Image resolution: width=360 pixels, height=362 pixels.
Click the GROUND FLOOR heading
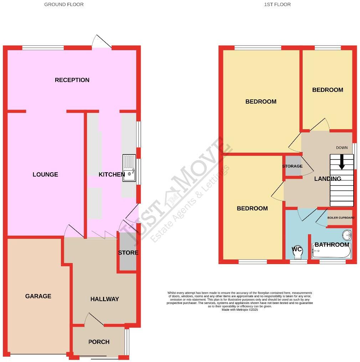pos(64,5)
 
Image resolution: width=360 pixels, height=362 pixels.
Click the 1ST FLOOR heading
pos(277,5)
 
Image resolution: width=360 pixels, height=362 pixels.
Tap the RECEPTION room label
pos(72,80)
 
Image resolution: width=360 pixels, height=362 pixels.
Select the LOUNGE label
pos(45,174)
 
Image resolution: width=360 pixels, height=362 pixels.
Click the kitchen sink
pos(129,168)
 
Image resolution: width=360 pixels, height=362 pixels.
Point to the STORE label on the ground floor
pos(128,253)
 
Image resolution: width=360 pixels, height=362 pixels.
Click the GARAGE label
pos(38,296)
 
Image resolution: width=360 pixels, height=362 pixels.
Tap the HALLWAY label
pos(104,299)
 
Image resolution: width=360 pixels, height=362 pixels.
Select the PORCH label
pos(99,342)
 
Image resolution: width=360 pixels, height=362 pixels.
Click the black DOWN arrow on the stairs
pos(341,162)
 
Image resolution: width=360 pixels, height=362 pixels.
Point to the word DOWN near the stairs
pos(341,147)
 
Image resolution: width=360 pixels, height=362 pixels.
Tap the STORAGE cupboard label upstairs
pos(292,166)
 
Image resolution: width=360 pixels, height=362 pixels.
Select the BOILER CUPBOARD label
pos(341,218)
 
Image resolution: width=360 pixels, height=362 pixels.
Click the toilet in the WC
pos(297,251)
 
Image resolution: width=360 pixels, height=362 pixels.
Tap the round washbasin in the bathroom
pos(347,235)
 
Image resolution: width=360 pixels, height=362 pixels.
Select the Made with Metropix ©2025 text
pos(240,310)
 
